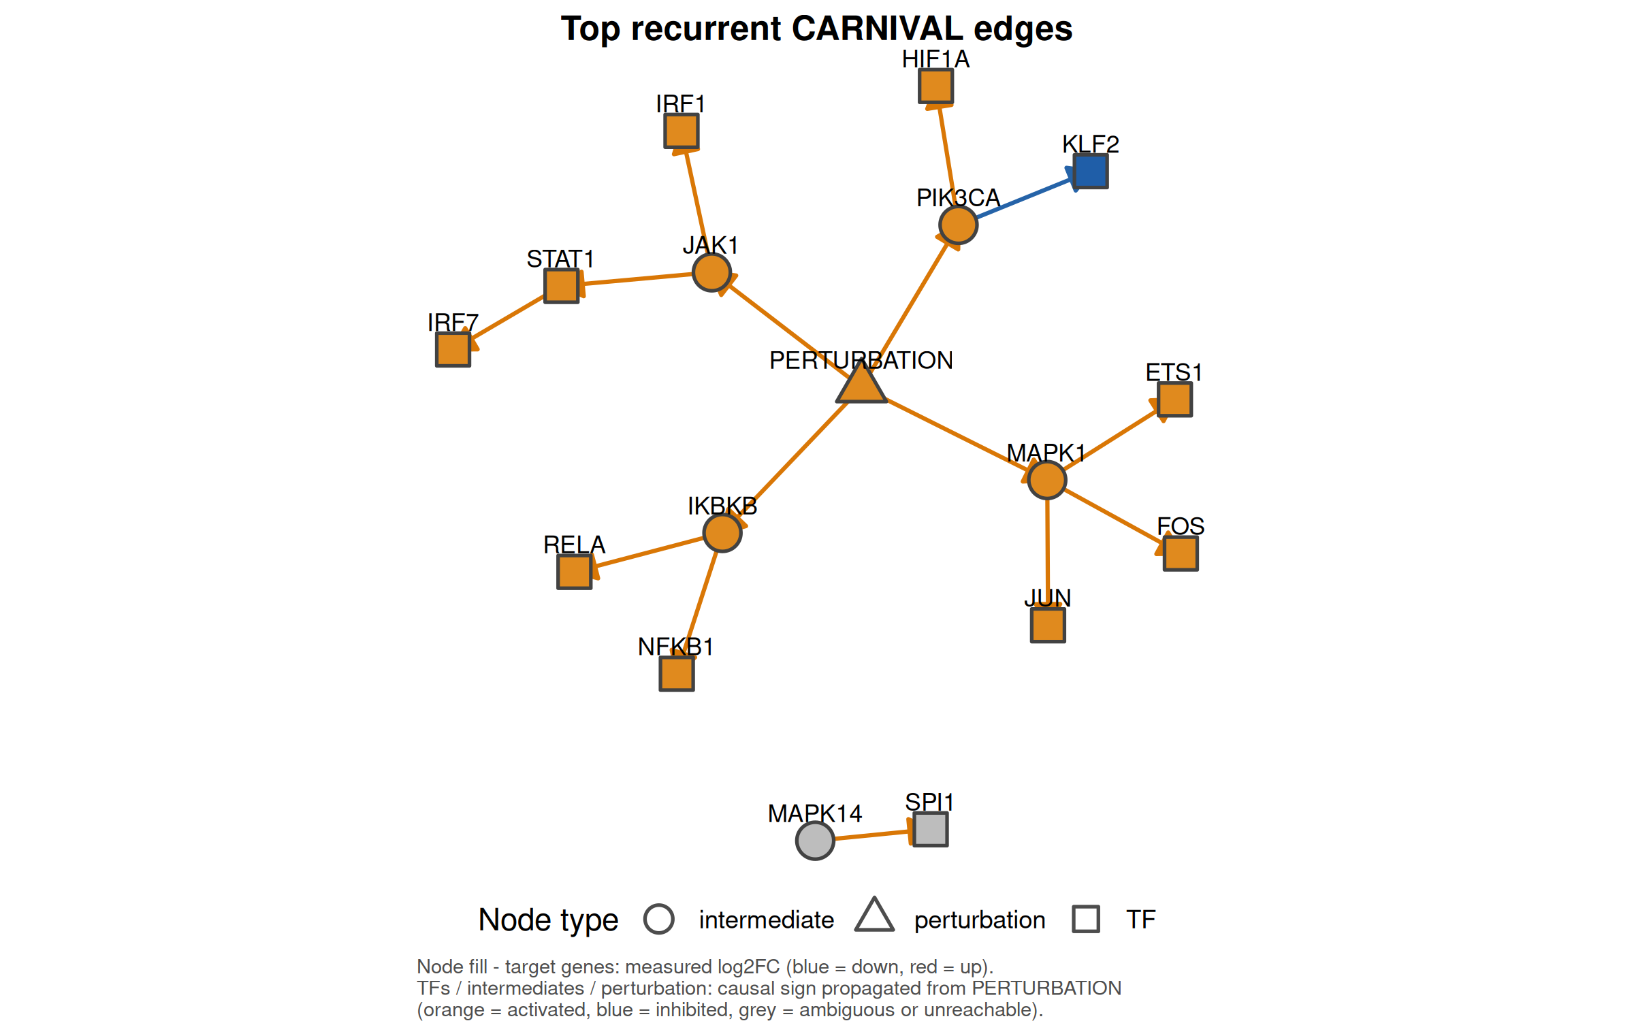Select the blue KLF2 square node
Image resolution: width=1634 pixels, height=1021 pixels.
point(1091,171)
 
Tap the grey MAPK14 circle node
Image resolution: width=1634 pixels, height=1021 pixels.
point(815,841)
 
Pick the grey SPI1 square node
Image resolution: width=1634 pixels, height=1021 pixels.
point(931,829)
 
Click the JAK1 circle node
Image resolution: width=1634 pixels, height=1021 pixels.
point(711,273)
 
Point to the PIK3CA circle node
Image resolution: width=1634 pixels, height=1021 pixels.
point(959,225)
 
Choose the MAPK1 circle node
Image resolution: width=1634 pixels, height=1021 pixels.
point(1047,480)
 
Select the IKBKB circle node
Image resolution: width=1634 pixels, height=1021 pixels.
point(722,532)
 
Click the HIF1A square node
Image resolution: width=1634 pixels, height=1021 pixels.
point(935,86)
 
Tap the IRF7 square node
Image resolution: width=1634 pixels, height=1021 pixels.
point(453,349)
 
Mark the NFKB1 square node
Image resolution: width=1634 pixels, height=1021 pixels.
point(677,674)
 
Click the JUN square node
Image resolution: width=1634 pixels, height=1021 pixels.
point(1048,625)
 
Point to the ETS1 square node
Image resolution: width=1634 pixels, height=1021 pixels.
point(1175,399)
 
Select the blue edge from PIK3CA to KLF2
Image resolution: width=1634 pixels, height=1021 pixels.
point(1025,198)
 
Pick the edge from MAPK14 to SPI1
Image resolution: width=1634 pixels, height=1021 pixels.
point(874,835)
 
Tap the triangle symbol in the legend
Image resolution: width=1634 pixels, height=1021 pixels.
point(875,915)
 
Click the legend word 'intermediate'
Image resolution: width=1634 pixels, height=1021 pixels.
point(767,920)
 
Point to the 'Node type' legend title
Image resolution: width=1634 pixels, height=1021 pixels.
point(549,920)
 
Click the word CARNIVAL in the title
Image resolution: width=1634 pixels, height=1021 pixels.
point(878,29)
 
